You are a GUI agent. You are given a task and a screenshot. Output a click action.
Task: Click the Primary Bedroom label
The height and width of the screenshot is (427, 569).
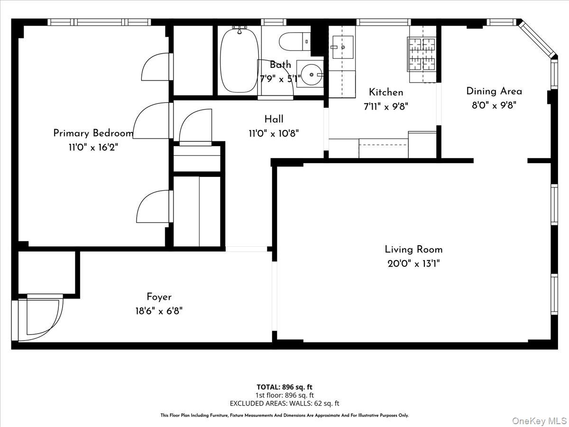pos(93,133)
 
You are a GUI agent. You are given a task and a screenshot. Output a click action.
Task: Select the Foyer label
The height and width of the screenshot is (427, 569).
pos(159,297)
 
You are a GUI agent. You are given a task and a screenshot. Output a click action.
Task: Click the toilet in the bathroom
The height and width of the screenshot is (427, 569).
pos(294,41)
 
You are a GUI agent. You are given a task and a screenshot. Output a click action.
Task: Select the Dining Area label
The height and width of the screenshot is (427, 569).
pos(494,91)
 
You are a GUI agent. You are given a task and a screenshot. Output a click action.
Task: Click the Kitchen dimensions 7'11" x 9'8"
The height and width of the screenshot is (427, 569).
pos(386,107)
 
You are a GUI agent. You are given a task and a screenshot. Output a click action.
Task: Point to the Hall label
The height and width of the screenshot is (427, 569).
pos(274,119)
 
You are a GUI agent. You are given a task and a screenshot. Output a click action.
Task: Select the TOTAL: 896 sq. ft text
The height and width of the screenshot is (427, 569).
pos(284,387)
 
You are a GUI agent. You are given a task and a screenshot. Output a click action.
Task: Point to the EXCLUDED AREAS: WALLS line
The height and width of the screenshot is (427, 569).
pos(284,403)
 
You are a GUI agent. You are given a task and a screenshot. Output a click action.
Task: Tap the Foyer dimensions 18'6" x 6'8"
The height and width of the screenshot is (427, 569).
pos(159,311)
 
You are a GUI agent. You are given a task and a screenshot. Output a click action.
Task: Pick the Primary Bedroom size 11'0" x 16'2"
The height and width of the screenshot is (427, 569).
pos(93,148)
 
